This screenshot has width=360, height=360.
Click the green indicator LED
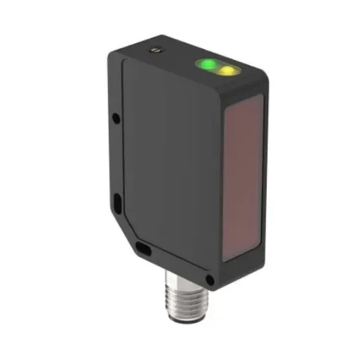tap(208, 65)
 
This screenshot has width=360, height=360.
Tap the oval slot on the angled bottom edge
tap(143, 248)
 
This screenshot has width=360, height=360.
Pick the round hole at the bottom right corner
tap(209, 282)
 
